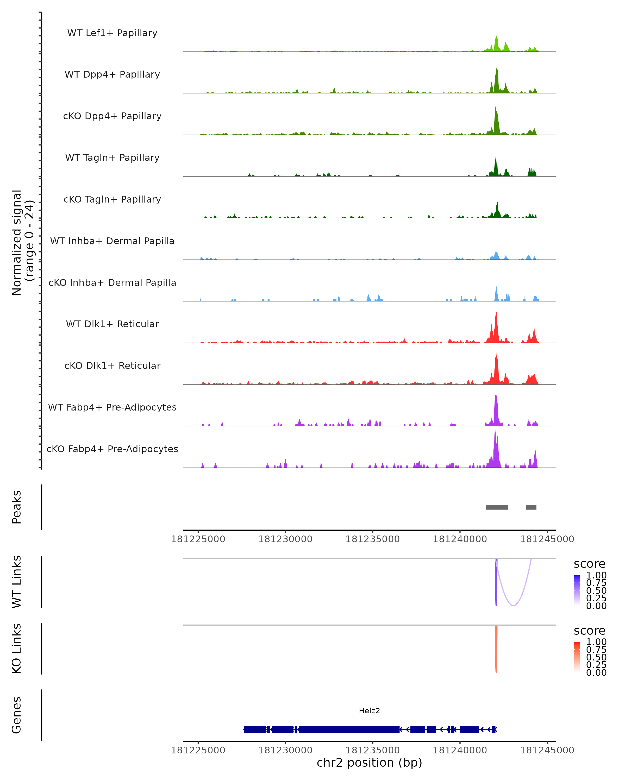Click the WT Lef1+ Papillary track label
pyautogui.click(x=112, y=33)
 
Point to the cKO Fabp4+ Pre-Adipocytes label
pyautogui.click(x=112, y=449)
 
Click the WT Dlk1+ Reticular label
pyautogui.click(x=112, y=324)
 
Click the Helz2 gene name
pyautogui.click(x=369, y=711)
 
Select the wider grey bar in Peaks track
pyautogui.click(x=497, y=507)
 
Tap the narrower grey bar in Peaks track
pyautogui.click(x=531, y=507)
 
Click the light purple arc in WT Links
pyautogui.click(x=513, y=605)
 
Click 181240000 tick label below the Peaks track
pyautogui.click(x=460, y=539)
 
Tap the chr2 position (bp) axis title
pyautogui.click(x=369, y=763)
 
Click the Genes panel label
pyautogui.click(x=17, y=715)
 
